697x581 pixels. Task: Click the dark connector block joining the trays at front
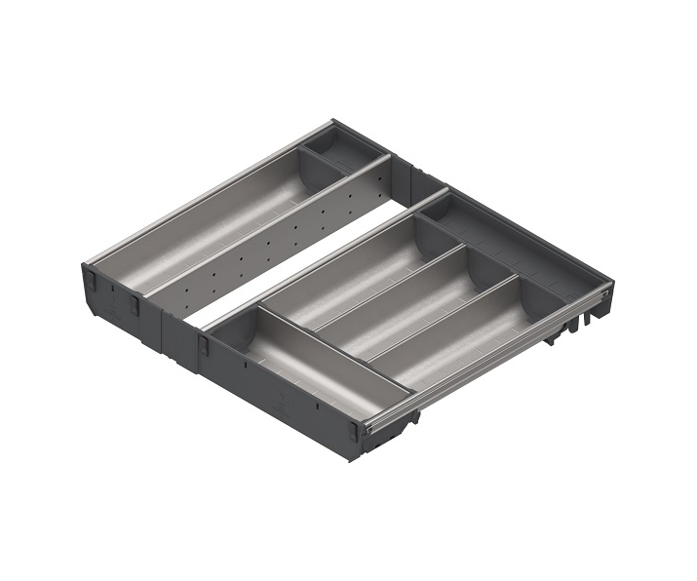180,336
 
